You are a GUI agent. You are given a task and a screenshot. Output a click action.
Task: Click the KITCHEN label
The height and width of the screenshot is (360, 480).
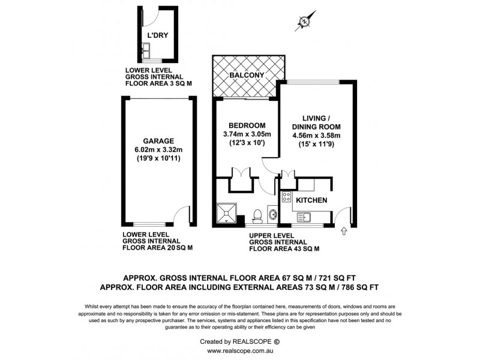pos(311,200)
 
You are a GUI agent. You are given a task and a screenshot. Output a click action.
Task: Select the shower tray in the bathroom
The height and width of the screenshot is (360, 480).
pos(227,212)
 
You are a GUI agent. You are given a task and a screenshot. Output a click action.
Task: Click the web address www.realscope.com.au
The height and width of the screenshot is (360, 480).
pos(239,351)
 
